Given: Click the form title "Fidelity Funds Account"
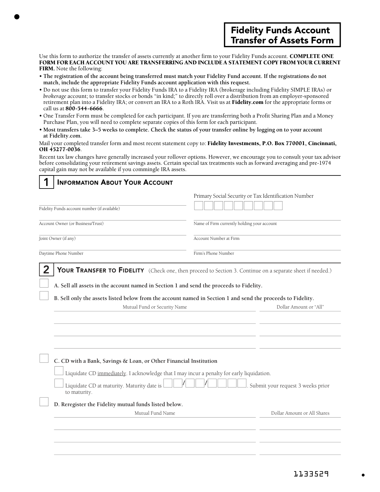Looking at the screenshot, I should (x=280, y=30).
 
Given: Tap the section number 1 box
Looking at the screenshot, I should (x=46, y=182).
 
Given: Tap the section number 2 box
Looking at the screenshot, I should (x=46, y=270).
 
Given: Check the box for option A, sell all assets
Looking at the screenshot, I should (x=44, y=283).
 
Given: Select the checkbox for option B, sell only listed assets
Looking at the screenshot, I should (x=44, y=296).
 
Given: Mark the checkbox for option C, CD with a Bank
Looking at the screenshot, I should (x=44, y=358).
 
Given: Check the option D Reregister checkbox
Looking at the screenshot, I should (x=44, y=402).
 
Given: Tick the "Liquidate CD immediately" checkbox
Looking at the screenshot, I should (x=59, y=371).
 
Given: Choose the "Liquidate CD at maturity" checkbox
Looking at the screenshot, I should (x=59, y=383).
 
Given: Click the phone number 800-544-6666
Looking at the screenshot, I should (x=84, y=108).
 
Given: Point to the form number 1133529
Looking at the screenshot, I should (x=311, y=474).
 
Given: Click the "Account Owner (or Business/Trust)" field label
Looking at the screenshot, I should (x=71, y=224).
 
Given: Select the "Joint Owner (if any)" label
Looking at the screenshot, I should (x=57, y=239).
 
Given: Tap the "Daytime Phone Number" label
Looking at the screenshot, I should (x=61, y=253).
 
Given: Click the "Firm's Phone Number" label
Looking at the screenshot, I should (x=214, y=253).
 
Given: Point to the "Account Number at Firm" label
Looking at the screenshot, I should (x=217, y=239).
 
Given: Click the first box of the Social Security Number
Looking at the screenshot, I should (x=199, y=206).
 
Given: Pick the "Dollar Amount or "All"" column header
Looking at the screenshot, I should (x=300, y=307).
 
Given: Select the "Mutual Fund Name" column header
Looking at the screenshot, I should (x=155, y=413).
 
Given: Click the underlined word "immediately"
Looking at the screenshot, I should (x=112, y=374).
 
